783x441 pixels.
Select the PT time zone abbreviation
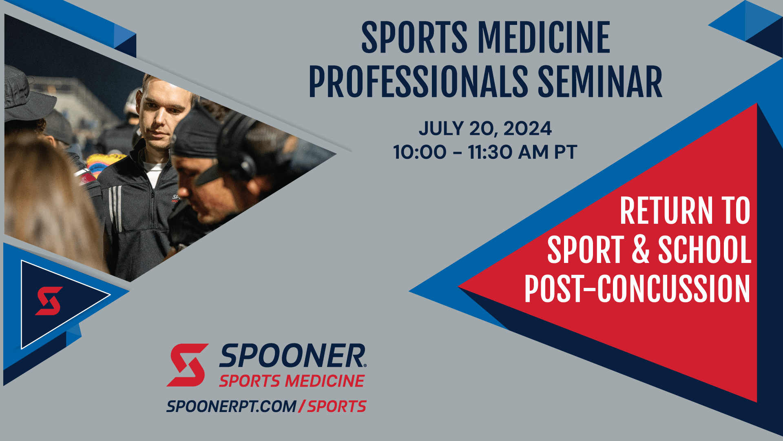(x=565, y=152)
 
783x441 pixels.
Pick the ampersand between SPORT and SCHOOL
(x=640, y=249)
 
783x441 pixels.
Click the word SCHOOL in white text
(x=704, y=249)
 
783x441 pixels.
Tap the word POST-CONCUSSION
(x=637, y=289)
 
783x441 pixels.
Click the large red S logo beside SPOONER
(x=187, y=365)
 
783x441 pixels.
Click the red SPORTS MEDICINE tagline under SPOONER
(x=292, y=381)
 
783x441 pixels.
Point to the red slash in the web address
(x=301, y=406)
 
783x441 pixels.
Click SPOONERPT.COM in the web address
(x=231, y=406)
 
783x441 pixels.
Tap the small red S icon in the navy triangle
(x=49, y=301)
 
